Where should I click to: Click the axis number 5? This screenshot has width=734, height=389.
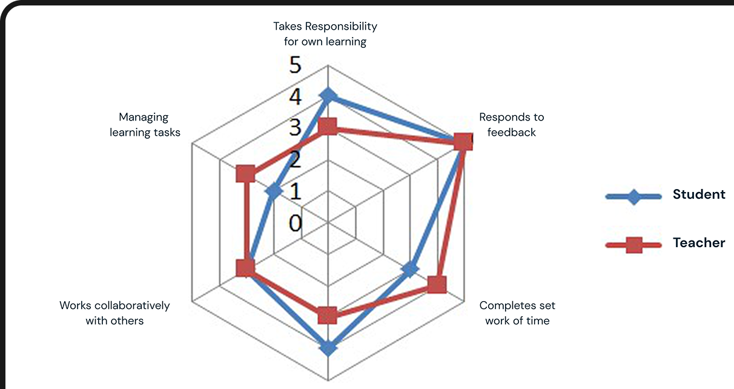[x=296, y=65]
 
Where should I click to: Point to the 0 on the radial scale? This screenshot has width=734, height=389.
[x=296, y=223]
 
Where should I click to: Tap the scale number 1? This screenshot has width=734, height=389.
[x=296, y=191]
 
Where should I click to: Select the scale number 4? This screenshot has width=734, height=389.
[x=296, y=96]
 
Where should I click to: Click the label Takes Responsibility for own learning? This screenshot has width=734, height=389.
[x=325, y=34]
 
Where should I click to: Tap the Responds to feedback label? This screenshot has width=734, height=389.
[x=512, y=125]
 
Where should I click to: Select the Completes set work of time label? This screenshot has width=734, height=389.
[x=517, y=313]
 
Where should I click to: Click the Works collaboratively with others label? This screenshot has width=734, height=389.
[x=114, y=313]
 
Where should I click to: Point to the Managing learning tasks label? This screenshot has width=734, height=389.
[x=145, y=125]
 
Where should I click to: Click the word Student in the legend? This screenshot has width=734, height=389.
[x=699, y=194]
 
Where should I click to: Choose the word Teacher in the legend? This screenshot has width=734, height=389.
[x=699, y=243]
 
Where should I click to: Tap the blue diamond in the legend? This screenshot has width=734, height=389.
[x=633, y=197]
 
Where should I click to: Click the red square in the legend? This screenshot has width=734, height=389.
[x=633, y=245]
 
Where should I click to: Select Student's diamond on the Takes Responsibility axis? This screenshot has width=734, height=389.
[x=328, y=96]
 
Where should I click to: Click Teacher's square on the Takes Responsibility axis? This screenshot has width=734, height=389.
[x=328, y=127]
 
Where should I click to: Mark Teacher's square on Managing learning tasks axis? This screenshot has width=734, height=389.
[x=246, y=174]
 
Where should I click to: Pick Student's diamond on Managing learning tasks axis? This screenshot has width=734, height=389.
[x=274, y=191]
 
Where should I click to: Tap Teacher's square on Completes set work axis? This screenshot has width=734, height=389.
[x=437, y=284]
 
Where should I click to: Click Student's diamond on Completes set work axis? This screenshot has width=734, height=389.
[x=410, y=269]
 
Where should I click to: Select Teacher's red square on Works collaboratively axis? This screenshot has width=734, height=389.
[x=245, y=268]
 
